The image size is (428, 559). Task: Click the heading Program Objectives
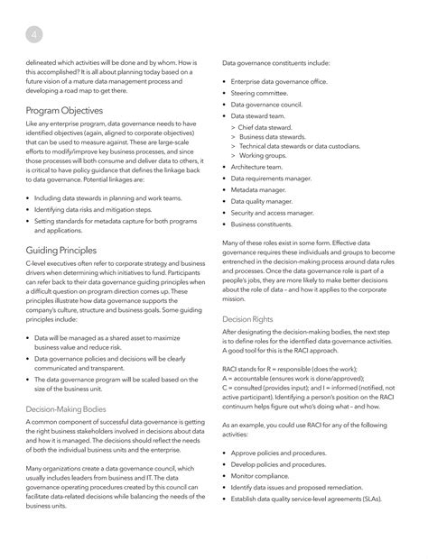click(x=63, y=110)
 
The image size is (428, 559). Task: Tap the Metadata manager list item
click(x=260, y=190)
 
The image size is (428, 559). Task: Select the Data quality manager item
click(x=263, y=201)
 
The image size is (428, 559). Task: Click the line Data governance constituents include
click(x=275, y=64)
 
